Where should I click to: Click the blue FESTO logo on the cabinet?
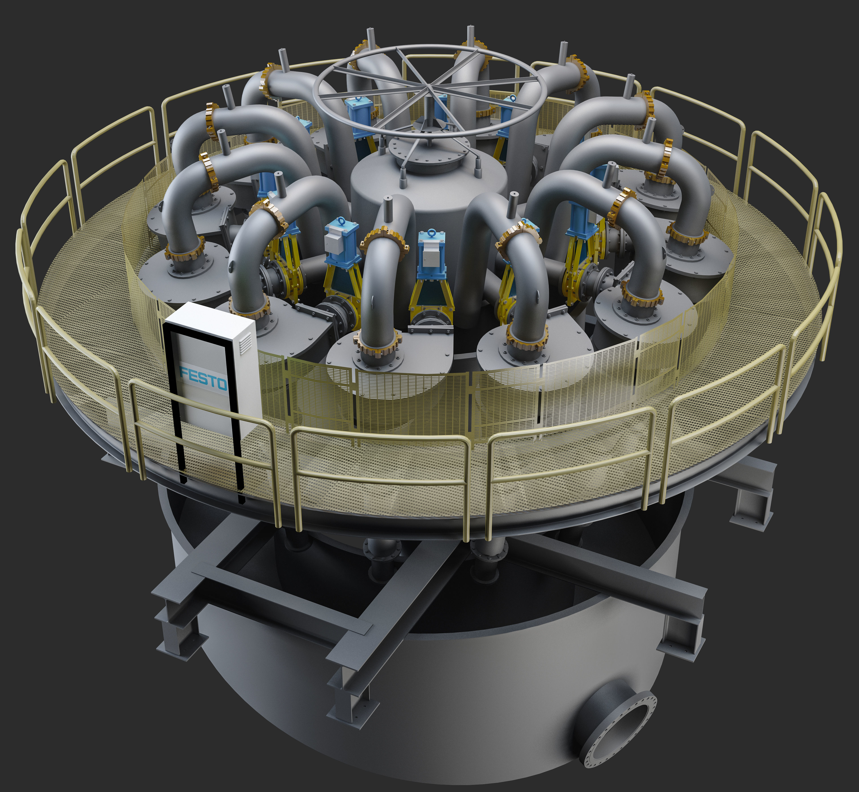[204, 378]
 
